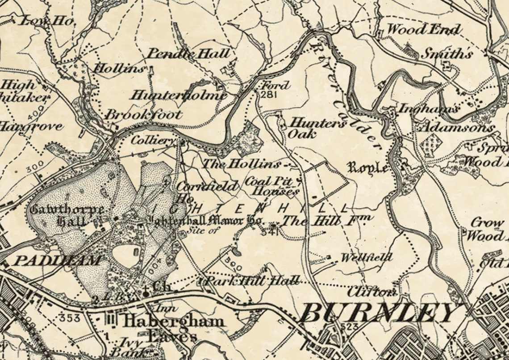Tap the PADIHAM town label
(x=57, y=260)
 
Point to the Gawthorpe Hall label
(x=67, y=215)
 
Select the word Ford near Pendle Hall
(x=275, y=85)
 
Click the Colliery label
(x=153, y=140)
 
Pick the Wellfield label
(x=367, y=258)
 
